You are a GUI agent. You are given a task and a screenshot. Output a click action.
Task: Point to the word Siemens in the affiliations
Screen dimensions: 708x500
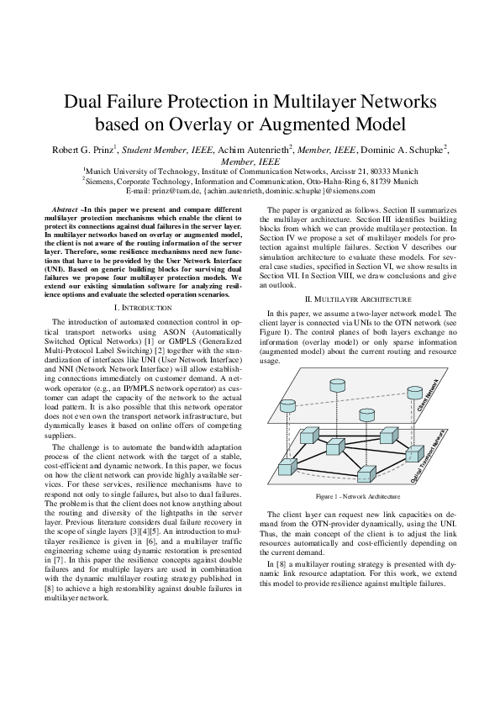[104, 179]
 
